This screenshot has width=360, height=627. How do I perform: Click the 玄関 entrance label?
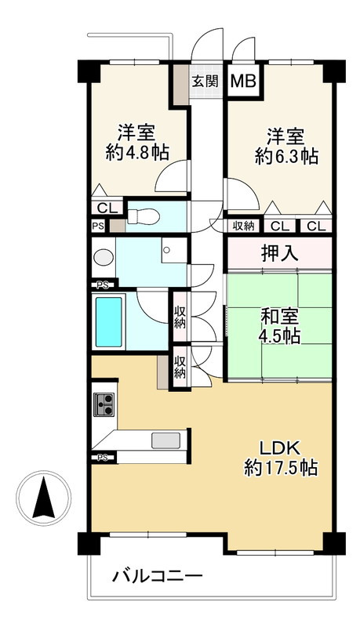point(207,80)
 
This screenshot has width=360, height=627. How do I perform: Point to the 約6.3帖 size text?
point(286,156)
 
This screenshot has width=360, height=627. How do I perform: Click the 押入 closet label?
point(278,253)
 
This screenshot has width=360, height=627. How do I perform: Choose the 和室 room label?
point(278,318)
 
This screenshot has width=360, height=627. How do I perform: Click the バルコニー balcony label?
point(157,577)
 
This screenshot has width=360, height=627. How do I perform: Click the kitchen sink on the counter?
point(165,439)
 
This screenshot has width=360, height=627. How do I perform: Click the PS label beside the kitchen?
point(102,457)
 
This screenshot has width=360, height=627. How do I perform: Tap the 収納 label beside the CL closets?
point(243,227)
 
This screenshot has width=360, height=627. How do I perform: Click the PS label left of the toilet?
point(97,226)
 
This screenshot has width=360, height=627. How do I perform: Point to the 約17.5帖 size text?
point(279,469)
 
